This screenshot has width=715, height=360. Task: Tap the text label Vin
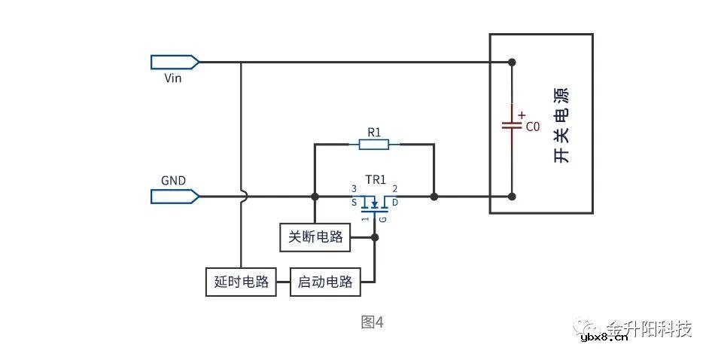pyautogui.click(x=172, y=78)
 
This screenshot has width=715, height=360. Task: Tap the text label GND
pyautogui.click(x=173, y=181)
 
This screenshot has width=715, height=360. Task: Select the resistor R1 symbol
pyautogui.click(x=374, y=143)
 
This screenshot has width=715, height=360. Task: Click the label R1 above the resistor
pyautogui.click(x=374, y=131)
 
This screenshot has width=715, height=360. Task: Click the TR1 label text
pyautogui.click(x=376, y=180)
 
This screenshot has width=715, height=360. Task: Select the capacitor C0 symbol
pyautogui.click(x=512, y=125)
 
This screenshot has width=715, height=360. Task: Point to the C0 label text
pyautogui.click(x=532, y=127)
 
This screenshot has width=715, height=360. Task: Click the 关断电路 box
pyautogui.click(x=315, y=237)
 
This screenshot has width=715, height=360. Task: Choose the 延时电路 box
pyautogui.click(x=241, y=282)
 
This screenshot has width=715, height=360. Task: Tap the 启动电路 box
pyautogui.click(x=325, y=282)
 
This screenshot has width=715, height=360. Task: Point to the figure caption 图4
pyautogui.click(x=372, y=322)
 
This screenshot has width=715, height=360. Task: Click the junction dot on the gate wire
pyautogui.click(x=375, y=237)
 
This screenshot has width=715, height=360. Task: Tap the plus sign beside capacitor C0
pyautogui.click(x=522, y=114)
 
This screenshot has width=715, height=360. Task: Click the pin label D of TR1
pyautogui.click(x=395, y=203)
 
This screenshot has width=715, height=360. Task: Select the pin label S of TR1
pyautogui.click(x=354, y=203)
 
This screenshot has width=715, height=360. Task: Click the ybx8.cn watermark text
pyautogui.click(x=604, y=337)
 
